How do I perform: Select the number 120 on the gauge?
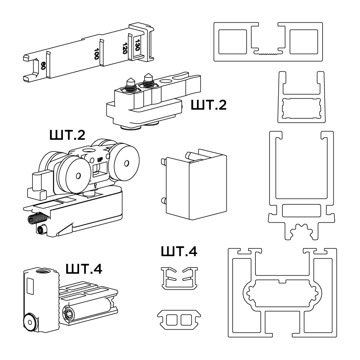[125, 47]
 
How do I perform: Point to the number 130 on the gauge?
[138, 44]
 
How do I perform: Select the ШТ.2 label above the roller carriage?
[67, 135]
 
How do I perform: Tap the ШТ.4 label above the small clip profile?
[178, 251]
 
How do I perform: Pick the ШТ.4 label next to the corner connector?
[84, 269]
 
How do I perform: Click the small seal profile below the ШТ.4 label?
[178, 278]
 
